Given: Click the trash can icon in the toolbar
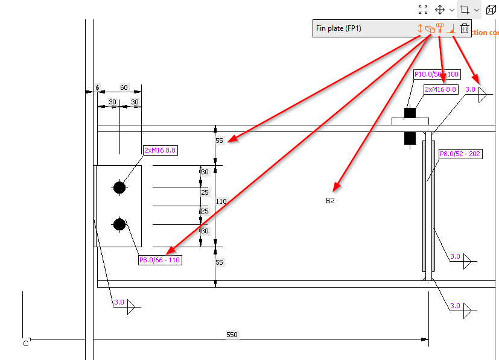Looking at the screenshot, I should (x=464, y=28).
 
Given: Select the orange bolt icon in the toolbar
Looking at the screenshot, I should (x=440, y=28).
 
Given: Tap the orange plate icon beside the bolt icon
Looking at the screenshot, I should (x=430, y=28).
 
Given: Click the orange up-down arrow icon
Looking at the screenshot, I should (x=420, y=28).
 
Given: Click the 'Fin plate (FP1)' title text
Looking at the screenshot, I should (x=338, y=28).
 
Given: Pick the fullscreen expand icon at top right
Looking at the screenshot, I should (x=423, y=10).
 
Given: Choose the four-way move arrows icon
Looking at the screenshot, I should (x=440, y=10).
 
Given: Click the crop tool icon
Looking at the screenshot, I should (x=464, y=10).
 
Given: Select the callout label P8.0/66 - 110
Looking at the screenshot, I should (x=160, y=261).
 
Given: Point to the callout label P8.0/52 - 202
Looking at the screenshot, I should (x=460, y=154).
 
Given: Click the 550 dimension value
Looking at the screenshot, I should (x=232, y=334).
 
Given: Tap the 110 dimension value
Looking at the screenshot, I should (x=221, y=202).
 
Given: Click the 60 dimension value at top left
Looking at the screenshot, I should (x=124, y=88).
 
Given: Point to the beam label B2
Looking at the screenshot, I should (x=330, y=201).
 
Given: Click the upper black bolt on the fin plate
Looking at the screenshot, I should (x=119, y=188).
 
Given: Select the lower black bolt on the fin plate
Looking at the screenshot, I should (x=119, y=224).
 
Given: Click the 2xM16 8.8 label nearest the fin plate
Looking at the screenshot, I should (x=160, y=150).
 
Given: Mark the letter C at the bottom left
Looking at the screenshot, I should (x=25, y=344).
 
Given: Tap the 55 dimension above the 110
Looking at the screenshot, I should (x=219, y=141).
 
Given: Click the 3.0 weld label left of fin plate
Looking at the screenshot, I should (x=119, y=303).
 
